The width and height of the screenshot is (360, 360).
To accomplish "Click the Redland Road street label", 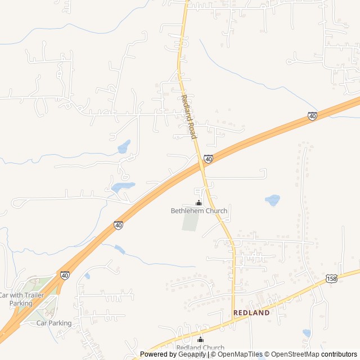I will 187,117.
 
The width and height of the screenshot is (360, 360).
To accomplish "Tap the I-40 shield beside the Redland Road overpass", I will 208,160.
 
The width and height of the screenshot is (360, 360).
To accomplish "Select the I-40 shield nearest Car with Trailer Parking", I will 65,275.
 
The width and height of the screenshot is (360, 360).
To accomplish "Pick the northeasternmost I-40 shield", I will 312,116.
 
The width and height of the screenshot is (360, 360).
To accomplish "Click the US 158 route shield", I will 331,279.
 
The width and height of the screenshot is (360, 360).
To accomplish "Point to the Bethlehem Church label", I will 199,211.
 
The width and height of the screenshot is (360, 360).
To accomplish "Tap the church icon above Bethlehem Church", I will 198,202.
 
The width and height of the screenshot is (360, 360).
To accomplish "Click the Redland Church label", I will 200,348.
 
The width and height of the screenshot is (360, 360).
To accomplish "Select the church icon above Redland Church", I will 200,339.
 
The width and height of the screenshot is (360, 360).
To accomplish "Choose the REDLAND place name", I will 251,313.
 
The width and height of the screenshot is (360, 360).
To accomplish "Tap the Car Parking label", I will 54,323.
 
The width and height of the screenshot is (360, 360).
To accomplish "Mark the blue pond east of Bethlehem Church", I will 273,200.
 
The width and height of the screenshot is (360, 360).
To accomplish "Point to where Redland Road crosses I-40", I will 201,165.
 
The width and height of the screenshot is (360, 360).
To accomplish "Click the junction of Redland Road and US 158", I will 233,321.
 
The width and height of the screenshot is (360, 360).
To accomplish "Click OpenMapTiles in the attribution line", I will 240,354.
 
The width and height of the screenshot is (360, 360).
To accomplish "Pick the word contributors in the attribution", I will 339,354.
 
